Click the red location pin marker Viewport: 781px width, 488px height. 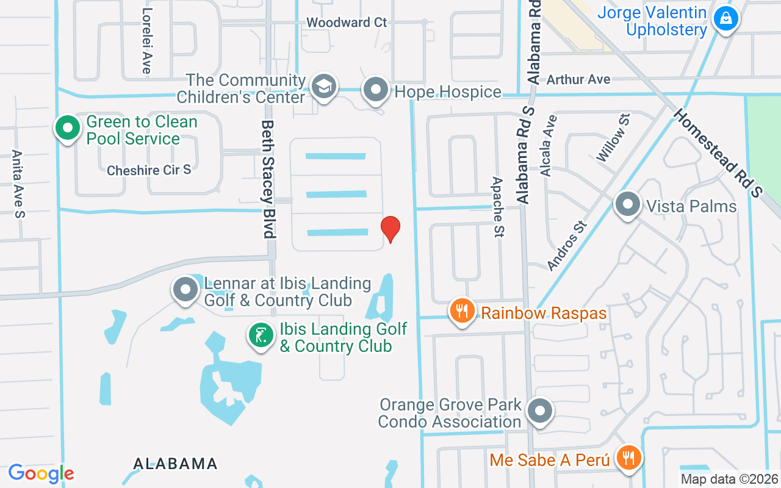390,229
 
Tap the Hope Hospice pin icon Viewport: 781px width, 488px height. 376,90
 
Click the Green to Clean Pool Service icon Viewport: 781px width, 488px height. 68,128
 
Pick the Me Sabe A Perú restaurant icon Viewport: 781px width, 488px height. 627,457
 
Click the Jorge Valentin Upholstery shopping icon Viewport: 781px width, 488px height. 725,18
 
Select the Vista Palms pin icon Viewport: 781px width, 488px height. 627,204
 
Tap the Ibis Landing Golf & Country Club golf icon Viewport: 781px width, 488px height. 261,335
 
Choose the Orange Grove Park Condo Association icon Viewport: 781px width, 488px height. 539,411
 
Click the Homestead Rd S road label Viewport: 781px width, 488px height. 718,152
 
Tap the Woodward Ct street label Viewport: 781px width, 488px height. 347,23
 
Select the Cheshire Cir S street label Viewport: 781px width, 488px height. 149,170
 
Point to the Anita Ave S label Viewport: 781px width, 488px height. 18,184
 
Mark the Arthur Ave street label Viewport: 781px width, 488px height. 578,79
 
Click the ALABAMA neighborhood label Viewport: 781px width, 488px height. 175,464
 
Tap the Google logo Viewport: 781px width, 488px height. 41,473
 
